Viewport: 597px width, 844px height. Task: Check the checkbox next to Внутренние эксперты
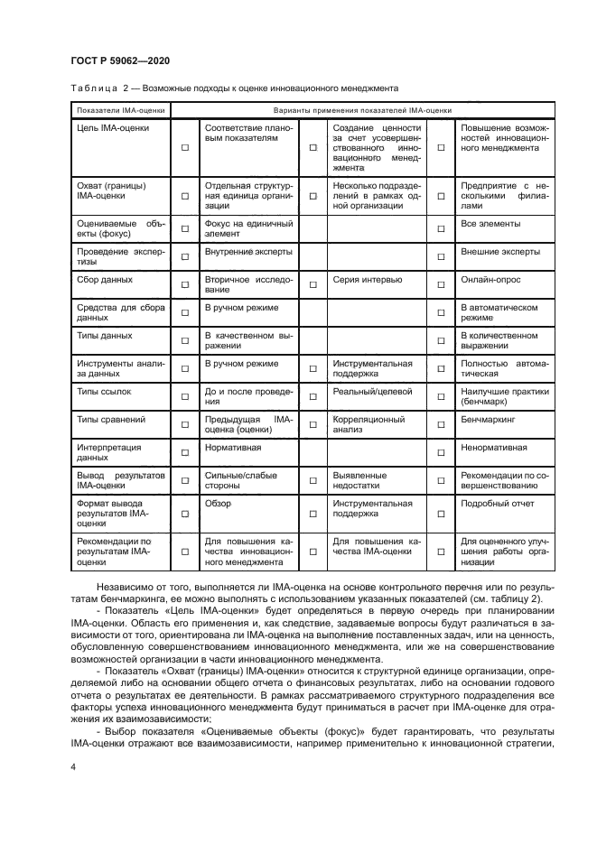coord(185,256)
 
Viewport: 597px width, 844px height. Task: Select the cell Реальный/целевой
coord(372,391)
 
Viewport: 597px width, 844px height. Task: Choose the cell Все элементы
coord(490,223)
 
